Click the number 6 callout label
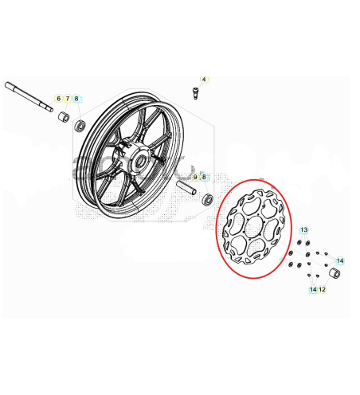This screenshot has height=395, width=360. pyautogui.click(x=57, y=99)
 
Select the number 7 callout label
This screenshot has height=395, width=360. pyautogui.click(x=67, y=99)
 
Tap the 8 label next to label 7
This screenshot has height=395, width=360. pyautogui.click(x=76, y=99)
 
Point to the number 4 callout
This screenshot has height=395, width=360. pyautogui.click(x=203, y=80)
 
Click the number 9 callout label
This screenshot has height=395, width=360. pyautogui.click(x=195, y=177)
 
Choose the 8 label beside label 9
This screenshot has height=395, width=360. pyautogui.click(x=204, y=177)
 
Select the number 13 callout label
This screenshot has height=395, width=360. pyautogui.click(x=303, y=230)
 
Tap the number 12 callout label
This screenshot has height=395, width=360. pyautogui.click(x=322, y=290)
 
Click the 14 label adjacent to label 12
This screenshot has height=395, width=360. pyautogui.click(x=313, y=290)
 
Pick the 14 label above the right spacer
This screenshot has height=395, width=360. pyautogui.click(x=339, y=261)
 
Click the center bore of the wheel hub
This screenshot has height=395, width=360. pyautogui.click(x=141, y=162)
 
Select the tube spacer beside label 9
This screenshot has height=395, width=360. pyautogui.click(x=187, y=192)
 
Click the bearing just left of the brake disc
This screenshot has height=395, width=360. pyautogui.click(x=209, y=198)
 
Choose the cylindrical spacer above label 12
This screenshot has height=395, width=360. pyautogui.click(x=335, y=275)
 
